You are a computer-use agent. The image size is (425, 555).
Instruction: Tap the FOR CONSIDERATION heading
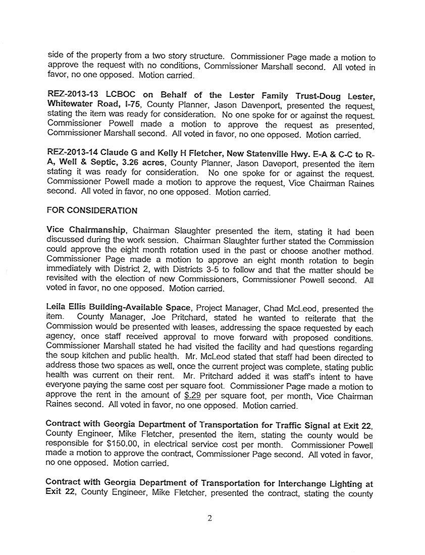coord(91,210)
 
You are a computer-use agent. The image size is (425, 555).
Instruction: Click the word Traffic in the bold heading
coord(277,425)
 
